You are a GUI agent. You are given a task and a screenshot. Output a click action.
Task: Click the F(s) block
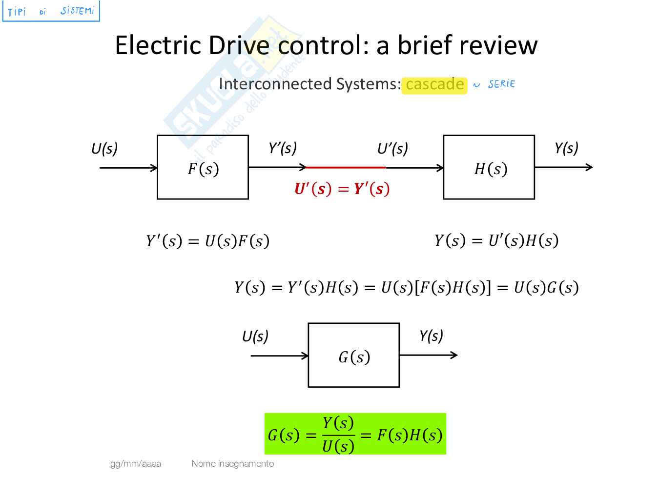point(203,167)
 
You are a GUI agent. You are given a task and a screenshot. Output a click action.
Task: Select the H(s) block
point(489,167)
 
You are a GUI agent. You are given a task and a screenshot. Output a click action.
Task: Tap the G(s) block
point(353,355)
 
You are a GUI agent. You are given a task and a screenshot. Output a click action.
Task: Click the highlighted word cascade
point(434,85)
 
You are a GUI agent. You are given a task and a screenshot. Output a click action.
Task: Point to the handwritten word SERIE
point(501,84)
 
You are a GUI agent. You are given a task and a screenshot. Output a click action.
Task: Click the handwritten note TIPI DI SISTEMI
point(51,11)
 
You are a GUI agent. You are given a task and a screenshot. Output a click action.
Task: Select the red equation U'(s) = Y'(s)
point(342,189)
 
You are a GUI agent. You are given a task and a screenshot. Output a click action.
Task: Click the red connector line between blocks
point(345,167)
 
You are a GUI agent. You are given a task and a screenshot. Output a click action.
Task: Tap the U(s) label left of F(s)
point(104,148)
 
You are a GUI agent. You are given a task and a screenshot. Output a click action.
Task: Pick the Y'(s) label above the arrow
point(283,148)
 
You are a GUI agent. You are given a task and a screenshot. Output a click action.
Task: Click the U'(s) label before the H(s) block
point(392,148)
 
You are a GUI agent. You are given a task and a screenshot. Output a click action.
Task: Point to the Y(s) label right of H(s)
point(566,148)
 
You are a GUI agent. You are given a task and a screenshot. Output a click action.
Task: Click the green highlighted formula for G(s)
point(355,434)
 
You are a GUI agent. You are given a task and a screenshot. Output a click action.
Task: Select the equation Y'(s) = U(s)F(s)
point(207,241)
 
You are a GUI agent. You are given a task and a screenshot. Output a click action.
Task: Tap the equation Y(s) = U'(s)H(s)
point(496,240)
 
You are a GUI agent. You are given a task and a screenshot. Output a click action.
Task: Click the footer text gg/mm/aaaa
point(136,464)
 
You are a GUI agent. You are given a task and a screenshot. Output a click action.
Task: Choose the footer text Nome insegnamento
point(233,464)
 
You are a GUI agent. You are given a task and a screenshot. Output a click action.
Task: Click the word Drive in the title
point(239,45)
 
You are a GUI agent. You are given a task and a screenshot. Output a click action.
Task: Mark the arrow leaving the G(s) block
point(428,355)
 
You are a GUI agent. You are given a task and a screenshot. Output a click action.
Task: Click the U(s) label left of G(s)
point(255,336)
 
